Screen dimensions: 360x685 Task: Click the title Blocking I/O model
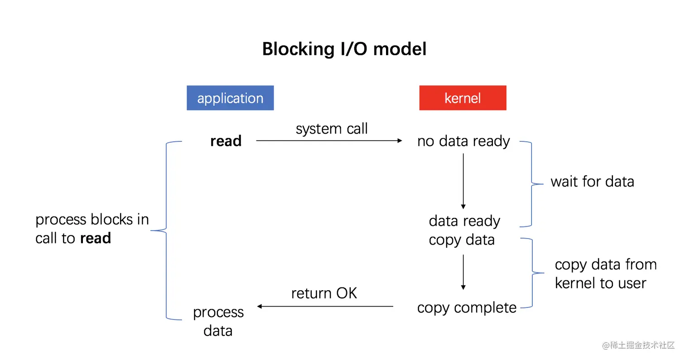[x=344, y=49]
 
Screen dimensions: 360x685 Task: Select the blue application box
[x=230, y=98]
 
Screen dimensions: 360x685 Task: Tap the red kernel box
[x=463, y=98]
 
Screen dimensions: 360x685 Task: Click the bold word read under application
[x=226, y=141]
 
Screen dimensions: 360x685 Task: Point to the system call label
[x=332, y=129]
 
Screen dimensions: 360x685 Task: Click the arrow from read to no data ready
[x=329, y=141]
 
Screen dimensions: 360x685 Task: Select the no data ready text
[x=463, y=141]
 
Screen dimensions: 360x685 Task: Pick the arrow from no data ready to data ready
[x=463, y=181]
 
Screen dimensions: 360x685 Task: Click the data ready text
[x=464, y=221]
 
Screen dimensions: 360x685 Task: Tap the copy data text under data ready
[x=462, y=240]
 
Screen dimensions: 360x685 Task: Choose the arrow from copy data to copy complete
[x=463, y=272]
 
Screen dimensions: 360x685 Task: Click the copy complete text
[x=467, y=307]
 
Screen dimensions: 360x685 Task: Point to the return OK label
[x=324, y=293]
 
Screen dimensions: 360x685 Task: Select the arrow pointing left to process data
[x=325, y=307]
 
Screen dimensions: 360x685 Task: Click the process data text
[x=218, y=321]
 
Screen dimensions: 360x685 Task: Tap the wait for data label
[x=592, y=182]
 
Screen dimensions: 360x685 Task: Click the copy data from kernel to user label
[x=605, y=274]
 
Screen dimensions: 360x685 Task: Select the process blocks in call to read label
[x=92, y=229]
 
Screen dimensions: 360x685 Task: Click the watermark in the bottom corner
[x=638, y=345]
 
